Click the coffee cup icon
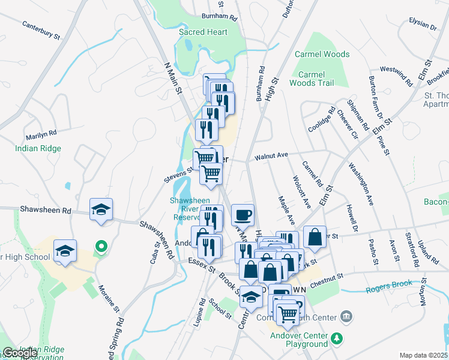pos(243,214)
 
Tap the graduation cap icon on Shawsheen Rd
pos(101,209)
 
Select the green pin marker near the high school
pos(101,246)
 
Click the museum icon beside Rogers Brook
pos(346,316)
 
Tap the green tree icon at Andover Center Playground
pos(337,339)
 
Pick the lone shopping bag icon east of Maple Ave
pos(315,237)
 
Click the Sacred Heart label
pos(203,32)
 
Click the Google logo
pos(20,353)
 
